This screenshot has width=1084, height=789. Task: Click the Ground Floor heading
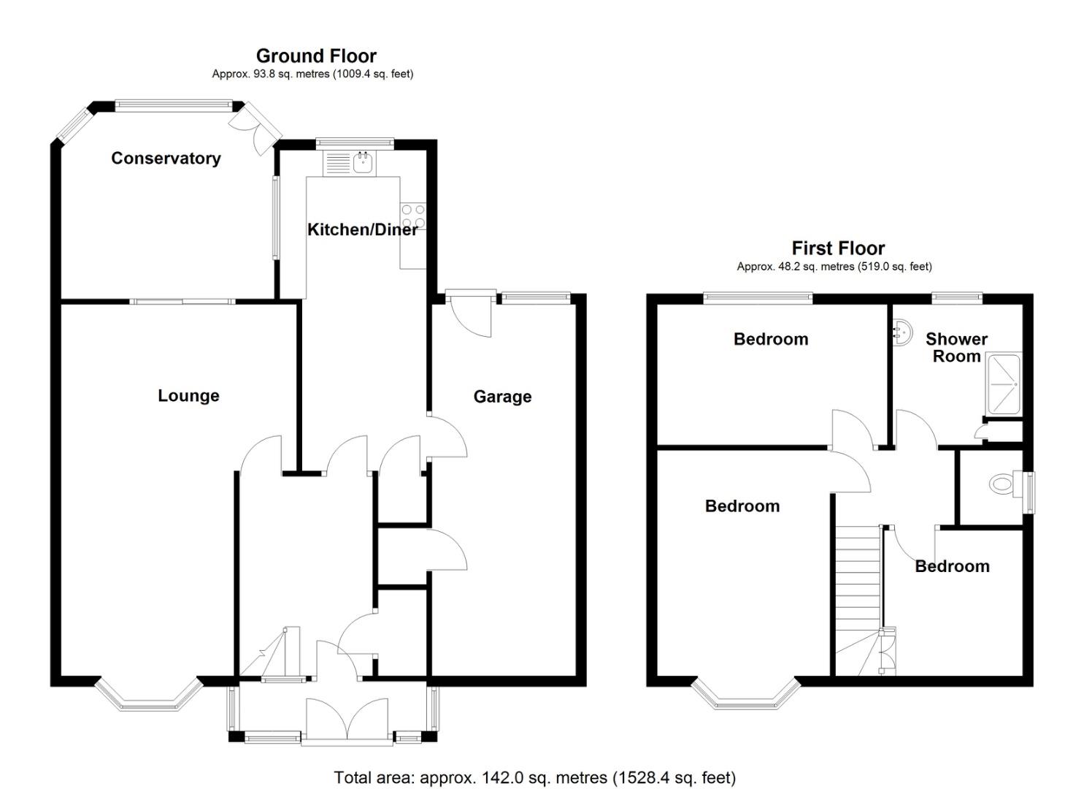(x=316, y=56)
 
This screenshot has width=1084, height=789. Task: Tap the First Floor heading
(x=838, y=248)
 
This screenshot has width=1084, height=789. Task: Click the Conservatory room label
(x=166, y=159)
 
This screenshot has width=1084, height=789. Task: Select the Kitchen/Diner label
(x=362, y=229)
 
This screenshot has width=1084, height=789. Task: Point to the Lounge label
(x=188, y=396)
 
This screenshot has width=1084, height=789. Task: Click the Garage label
(x=502, y=397)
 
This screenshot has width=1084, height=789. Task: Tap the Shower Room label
(x=956, y=348)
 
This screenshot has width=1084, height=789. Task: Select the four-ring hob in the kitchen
(x=413, y=217)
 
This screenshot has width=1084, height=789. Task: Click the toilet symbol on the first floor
(x=1005, y=483)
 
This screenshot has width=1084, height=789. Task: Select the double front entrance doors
(x=347, y=720)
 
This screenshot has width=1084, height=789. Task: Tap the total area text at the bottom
(x=535, y=777)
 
